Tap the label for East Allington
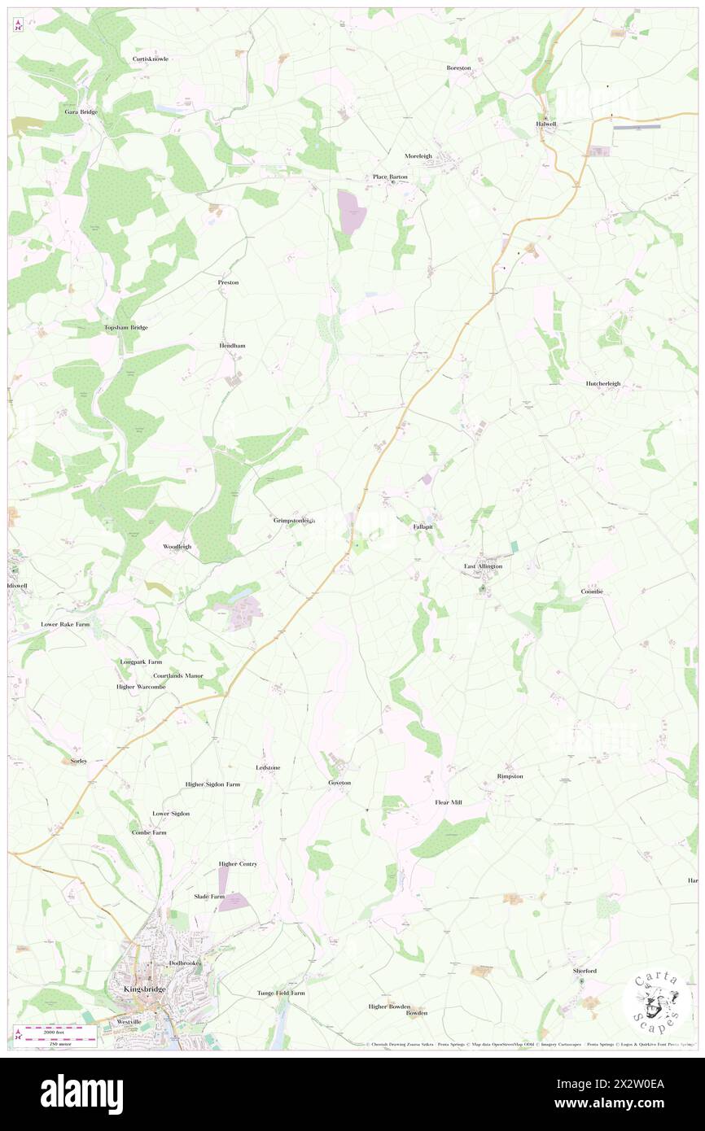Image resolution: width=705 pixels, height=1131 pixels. (483, 565)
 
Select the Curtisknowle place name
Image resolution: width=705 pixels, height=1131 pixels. (151, 59)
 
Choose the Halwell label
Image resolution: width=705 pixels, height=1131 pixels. (547, 124)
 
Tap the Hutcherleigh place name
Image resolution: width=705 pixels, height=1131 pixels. (603, 383)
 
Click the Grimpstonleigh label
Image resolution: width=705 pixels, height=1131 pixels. (294, 520)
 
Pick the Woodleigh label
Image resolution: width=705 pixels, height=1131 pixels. (177, 546)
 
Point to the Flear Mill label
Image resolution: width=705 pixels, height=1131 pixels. (448, 802)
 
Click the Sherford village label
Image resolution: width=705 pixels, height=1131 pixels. (583, 971)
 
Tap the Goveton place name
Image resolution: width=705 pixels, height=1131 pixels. (339, 783)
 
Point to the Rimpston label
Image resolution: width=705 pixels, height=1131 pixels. (510, 776)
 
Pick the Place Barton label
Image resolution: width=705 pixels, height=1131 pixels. (390, 177)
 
